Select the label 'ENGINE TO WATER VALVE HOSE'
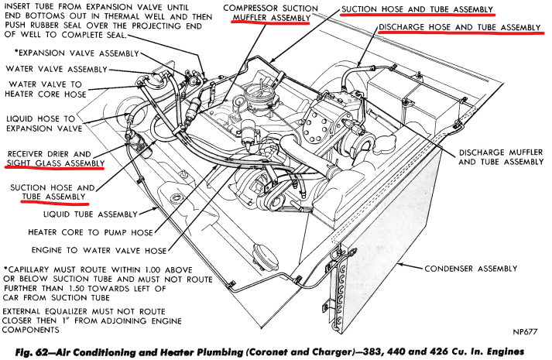(x=98, y=251)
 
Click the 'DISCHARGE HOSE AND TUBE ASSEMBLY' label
(x=461, y=27)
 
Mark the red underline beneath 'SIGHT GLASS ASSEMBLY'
(x=55, y=169)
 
